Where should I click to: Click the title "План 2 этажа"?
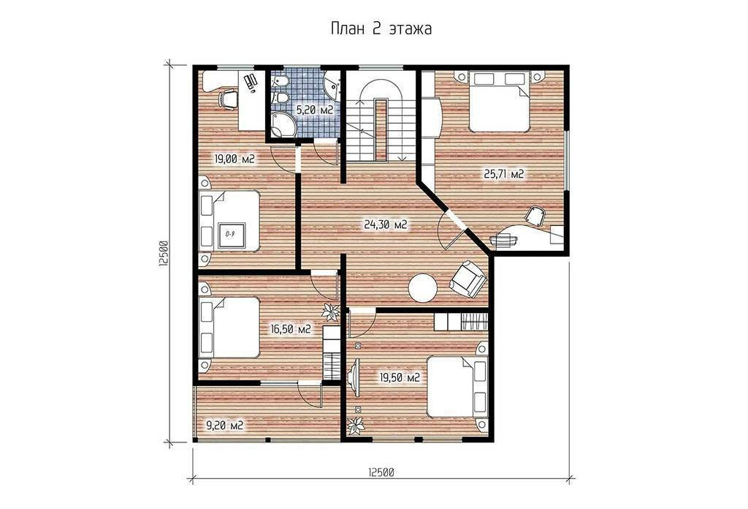[x=381, y=29]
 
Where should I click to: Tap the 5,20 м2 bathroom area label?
[x=314, y=110]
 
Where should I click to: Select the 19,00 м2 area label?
[x=233, y=159]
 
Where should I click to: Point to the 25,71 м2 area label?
[x=504, y=174]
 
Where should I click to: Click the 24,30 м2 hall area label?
[x=386, y=225]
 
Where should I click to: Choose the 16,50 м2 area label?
[x=291, y=329]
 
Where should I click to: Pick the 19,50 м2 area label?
[x=400, y=378]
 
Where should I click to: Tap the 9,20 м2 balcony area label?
[x=224, y=425]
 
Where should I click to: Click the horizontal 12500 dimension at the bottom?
[x=381, y=472]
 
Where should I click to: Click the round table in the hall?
[x=423, y=287]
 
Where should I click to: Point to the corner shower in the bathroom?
[x=283, y=124]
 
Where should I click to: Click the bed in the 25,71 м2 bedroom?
[x=500, y=101]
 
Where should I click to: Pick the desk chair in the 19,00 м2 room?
[x=229, y=99]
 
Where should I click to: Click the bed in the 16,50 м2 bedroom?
[x=229, y=327]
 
